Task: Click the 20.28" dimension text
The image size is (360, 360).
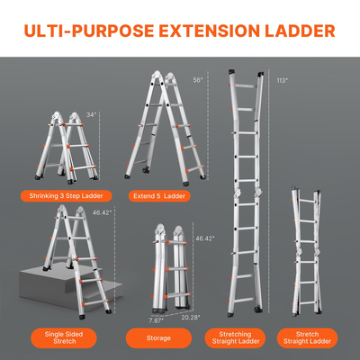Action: tap(191, 317)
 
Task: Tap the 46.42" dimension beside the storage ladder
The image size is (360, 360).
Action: tap(206, 238)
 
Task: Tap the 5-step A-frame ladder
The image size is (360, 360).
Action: tap(170, 126)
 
